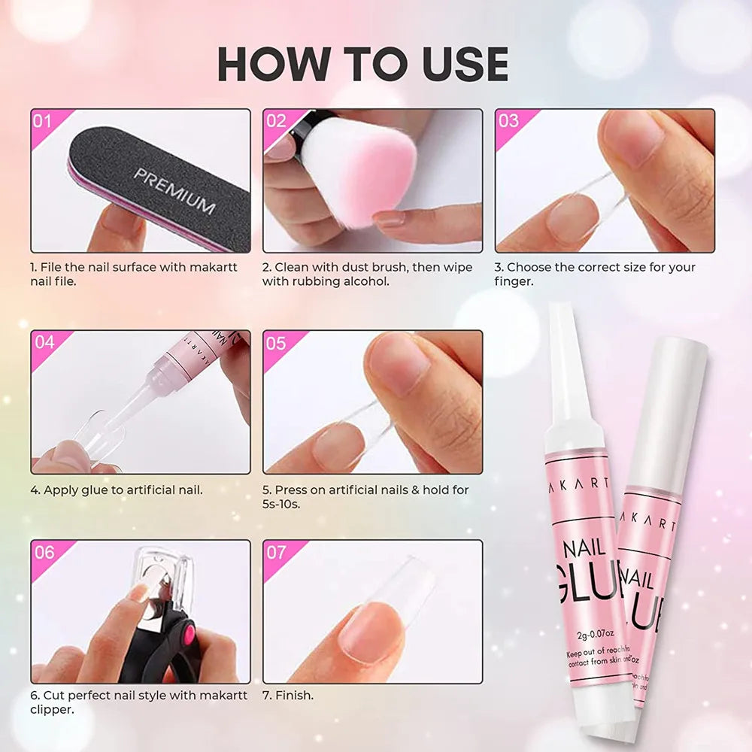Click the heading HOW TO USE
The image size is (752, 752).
(362, 65)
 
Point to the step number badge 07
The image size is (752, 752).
(277, 553)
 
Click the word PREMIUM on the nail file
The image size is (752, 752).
(174, 190)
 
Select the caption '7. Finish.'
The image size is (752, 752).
(288, 696)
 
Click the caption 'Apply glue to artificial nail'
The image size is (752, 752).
(117, 490)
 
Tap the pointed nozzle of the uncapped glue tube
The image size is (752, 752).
(559, 353)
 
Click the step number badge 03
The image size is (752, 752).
(509, 121)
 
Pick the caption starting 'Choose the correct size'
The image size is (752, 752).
(594, 274)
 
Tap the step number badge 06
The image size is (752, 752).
(44, 553)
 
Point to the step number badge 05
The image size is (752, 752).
(277, 343)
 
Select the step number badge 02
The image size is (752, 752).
(277, 121)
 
